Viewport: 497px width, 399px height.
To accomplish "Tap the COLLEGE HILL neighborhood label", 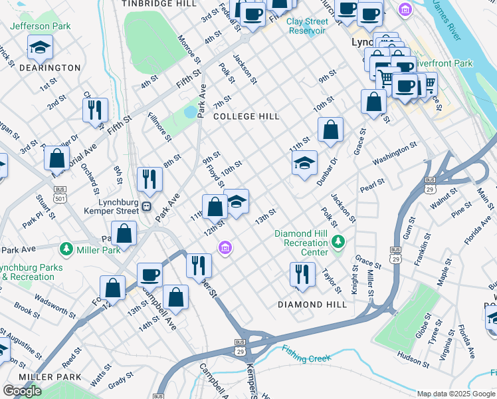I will pyautogui.click(x=247, y=116).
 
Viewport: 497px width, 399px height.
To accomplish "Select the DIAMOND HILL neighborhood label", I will pyautogui.click(x=313, y=304).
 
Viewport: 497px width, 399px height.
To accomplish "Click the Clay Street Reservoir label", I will pyautogui.click(x=307, y=26).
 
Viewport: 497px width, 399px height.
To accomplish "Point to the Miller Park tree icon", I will pyautogui.click(x=66, y=249).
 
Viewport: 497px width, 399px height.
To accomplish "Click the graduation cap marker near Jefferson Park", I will pyautogui.click(x=41, y=48).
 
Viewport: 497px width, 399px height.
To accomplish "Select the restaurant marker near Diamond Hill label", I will pyautogui.click(x=302, y=273).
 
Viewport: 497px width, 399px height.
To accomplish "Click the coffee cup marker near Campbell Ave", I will pyautogui.click(x=149, y=275).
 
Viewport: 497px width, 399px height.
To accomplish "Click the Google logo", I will pyautogui.click(x=22, y=391).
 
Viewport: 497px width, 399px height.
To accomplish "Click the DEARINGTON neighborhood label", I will pyautogui.click(x=41, y=68).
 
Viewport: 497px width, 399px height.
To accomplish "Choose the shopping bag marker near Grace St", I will pyautogui.click(x=374, y=101).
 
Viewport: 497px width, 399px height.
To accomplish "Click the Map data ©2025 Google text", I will pyautogui.click(x=456, y=394).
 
